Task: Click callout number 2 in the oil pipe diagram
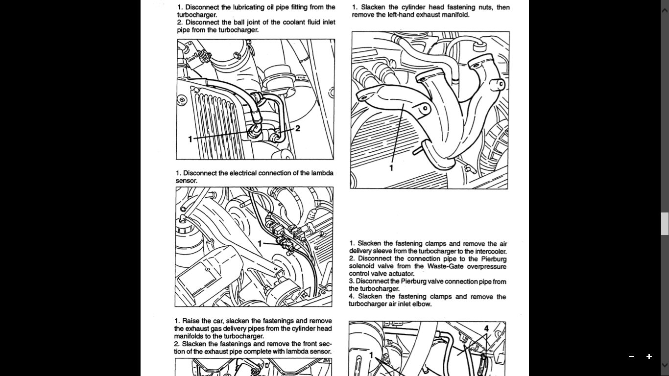[x=297, y=128]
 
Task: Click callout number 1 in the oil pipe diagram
[x=190, y=139]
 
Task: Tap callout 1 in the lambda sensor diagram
[x=260, y=244]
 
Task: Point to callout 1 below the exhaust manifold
[x=391, y=168]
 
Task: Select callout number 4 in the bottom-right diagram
[x=486, y=329]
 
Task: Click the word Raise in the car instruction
[x=190, y=321]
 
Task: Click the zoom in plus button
[x=649, y=356]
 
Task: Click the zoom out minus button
[x=631, y=356]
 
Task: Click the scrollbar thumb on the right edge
[x=665, y=224]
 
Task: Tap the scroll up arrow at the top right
[x=665, y=11]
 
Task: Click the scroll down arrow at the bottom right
[x=665, y=365]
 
